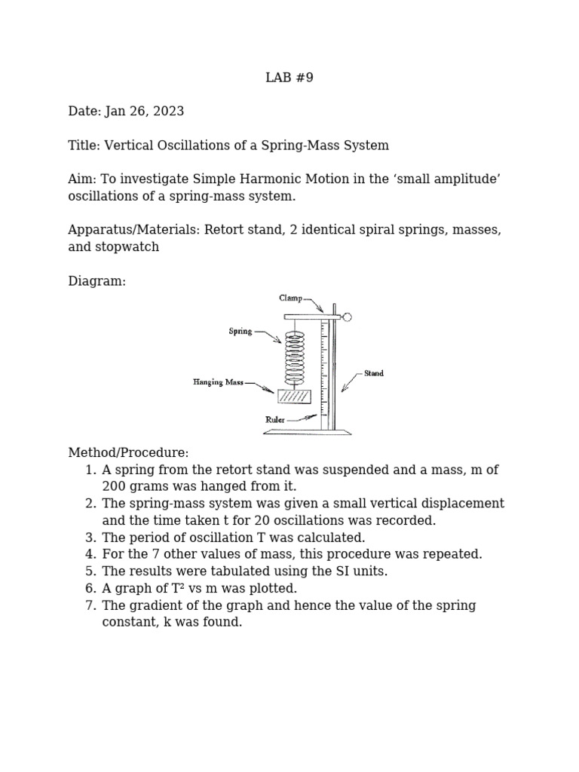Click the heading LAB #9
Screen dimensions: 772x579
click(289, 78)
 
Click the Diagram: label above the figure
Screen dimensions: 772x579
click(96, 281)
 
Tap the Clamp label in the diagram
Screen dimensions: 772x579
click(290, 299)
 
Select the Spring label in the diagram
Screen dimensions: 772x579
click(240, 331)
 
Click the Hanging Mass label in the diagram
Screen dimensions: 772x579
click(218, 382)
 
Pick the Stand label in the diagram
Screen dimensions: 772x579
click(374, 373)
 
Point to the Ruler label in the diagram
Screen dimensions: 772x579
click(274, 420)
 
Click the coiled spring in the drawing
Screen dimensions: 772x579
click(295, 358)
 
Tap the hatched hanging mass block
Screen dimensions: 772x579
click(294, 397)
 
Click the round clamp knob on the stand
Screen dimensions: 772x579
click(347, 317)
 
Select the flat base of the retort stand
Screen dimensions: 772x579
click(307, 433)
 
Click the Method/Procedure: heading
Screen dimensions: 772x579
click(128, 453)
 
